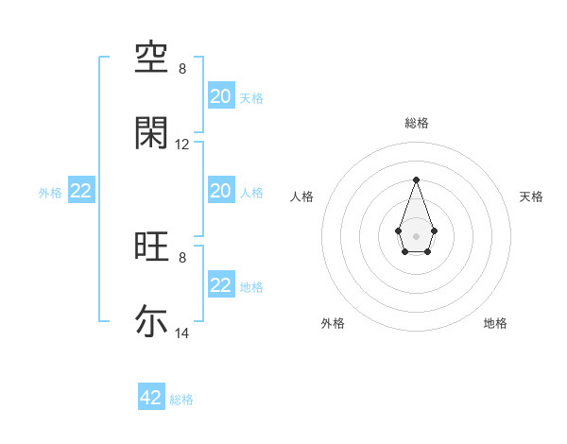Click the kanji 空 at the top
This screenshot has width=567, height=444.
151,60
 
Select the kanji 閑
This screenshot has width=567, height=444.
151,133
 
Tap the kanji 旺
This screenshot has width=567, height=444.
151,248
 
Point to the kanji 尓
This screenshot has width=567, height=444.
151,321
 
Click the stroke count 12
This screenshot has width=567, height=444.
182,145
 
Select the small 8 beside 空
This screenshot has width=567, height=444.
182,69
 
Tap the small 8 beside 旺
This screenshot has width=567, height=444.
182,257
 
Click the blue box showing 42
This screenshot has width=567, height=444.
151,398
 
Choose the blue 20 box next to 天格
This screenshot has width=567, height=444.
221,95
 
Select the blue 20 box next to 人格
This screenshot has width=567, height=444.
221,191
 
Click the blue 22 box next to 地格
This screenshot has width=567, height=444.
221,285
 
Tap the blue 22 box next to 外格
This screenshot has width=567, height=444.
81,191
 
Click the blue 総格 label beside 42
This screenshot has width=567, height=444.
181,400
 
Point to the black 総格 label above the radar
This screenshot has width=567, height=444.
416,123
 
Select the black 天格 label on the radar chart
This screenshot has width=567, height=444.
531,196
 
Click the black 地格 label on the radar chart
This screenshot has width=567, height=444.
495,323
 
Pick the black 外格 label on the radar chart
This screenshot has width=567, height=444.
333,323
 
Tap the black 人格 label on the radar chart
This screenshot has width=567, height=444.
302,196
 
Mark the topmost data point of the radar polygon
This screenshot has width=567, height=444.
416,179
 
